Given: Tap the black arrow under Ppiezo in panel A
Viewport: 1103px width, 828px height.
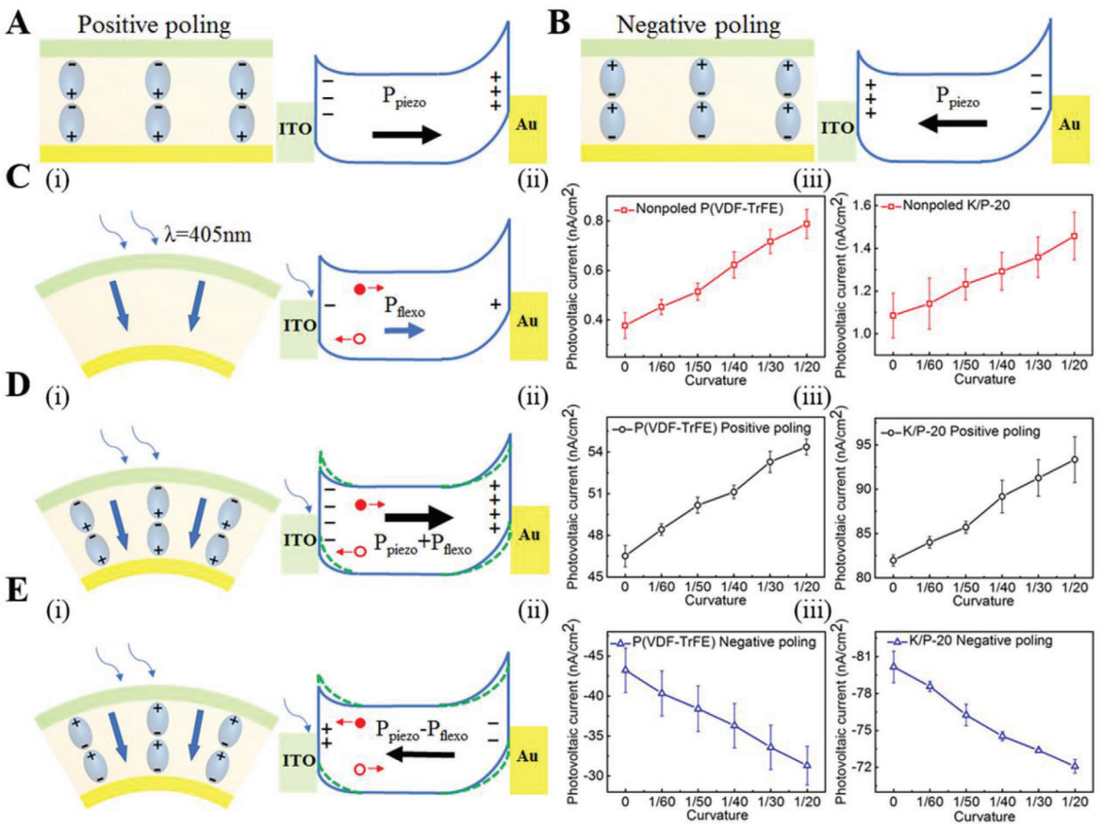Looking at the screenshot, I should pos(406,135).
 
